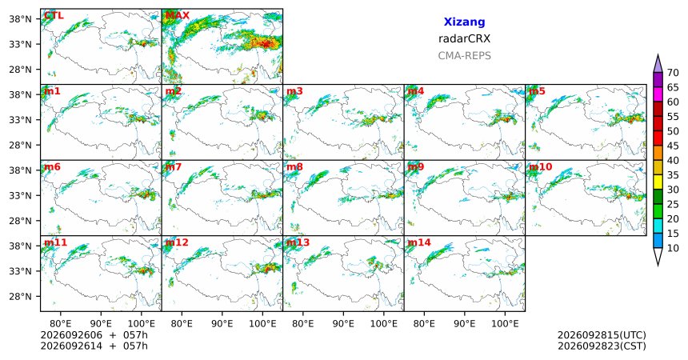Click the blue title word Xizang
tap(464, 22)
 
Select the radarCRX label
tap(464, 38)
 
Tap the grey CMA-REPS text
tap(464, 56)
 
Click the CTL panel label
tap(54, 16)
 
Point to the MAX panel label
tap(177, 16)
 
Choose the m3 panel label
tap(294, 91)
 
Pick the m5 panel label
tap(537, 91)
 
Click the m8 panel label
tap(294, 167)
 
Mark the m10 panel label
tap(540, 167)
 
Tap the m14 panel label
tap(419, 242)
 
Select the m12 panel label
tap(177, 242)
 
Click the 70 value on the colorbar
tap(673, 73)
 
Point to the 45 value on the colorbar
tap(673, 146)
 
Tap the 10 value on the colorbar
tap(673, 248)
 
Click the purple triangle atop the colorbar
tap(658, 63)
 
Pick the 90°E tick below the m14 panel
tap(465, 324)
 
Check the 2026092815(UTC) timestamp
tap(602, 335)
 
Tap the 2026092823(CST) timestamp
tap(602, 346)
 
